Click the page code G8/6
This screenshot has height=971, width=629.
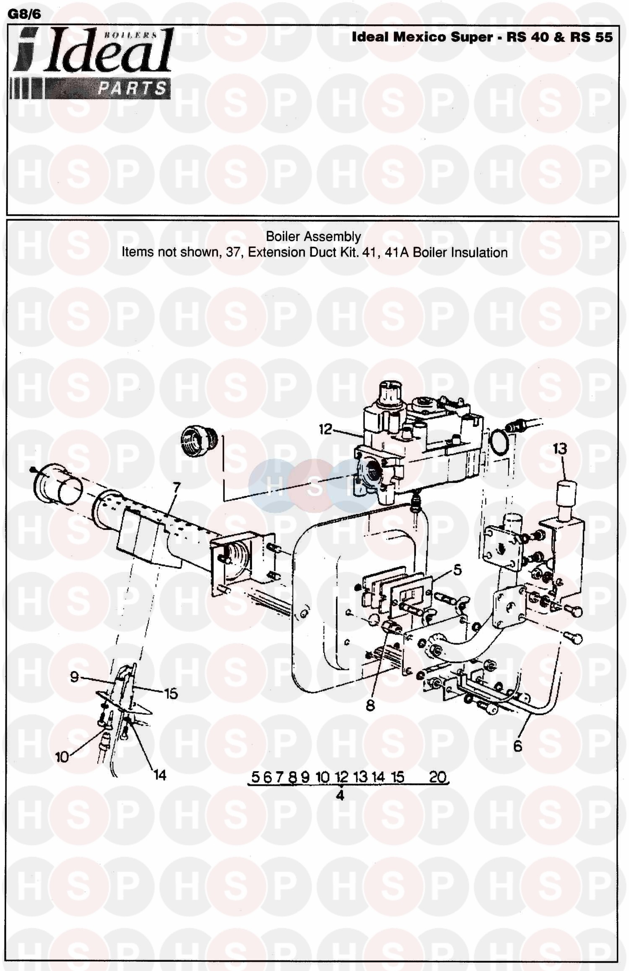pyautogui.click(x=25, y=14)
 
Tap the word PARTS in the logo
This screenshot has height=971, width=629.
pyautogui.click(x=132, y=88)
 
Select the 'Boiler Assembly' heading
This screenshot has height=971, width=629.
pyautogui.click(x=313, y=237)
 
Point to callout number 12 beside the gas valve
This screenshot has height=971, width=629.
pyautogui.click(x=325, y=429)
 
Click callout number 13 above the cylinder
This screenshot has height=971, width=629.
pyautogui.click(x=560, y=449)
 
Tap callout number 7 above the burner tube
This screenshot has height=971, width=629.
pyautogui.click(x=177, y=488)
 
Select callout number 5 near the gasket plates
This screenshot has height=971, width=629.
pyautogui.click(x=457, y=570)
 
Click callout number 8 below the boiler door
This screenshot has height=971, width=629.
pyautogui.click(x=370, y=705)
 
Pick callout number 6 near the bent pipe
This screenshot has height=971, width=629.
pyautogui.click(x=517, y=746)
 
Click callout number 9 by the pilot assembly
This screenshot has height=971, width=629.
pyautogui.click(x=74, y=677)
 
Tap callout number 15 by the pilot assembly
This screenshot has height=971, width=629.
pyautogui.click(x=171, y=694)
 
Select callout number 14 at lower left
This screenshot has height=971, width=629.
pyautogui.click(x=160, y=775)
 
